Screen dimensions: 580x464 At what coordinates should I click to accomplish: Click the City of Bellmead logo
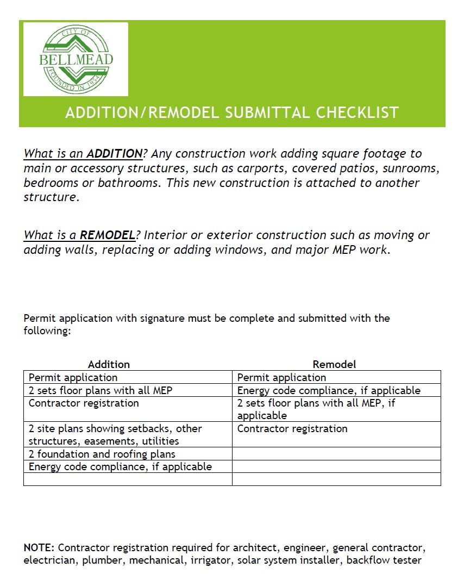click(76, 59)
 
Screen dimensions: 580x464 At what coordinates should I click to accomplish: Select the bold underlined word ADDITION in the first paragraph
click(115, 154)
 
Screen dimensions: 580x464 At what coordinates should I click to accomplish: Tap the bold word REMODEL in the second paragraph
click(107, 235)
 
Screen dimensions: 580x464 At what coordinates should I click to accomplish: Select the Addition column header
click(109, 364)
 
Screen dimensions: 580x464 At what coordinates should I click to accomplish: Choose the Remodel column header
click(334, 364)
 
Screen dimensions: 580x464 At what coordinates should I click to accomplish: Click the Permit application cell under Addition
click(73, 377)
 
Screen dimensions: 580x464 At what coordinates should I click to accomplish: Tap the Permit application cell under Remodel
click(281, 377)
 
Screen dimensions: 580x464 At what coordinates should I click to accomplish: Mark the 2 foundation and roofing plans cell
click(102, 454)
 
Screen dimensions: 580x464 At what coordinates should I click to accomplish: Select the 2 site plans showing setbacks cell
click(115, 435)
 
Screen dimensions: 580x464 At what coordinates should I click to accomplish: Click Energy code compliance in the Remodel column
click(328, 390)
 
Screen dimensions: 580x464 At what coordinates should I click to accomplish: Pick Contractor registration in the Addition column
click(83, 403)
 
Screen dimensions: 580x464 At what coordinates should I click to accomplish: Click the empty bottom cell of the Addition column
click(128, 479)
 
